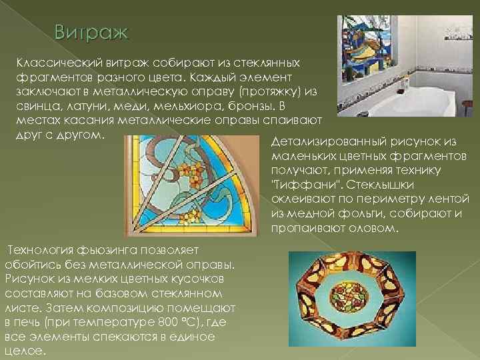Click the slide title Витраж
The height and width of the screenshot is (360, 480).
click(x=93, y=32)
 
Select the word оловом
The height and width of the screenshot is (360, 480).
click(x=374, y=229)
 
